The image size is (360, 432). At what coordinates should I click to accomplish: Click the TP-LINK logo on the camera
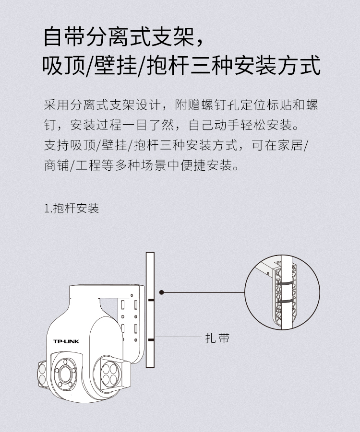(x=66, y=341)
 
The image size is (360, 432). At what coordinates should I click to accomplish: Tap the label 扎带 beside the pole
(x=217, y=338)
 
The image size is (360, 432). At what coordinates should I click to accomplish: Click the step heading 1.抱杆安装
(x=72, y=208)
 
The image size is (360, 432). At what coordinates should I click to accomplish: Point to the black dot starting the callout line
(x=162, y=292)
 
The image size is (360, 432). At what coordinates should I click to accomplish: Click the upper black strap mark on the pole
(x=151, y=300)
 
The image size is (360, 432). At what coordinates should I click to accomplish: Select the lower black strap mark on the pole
(x=151, y=340)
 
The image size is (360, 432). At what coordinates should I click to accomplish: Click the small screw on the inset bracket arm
(x=268, y=273)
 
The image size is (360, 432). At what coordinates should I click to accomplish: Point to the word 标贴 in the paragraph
(x=286, y=105)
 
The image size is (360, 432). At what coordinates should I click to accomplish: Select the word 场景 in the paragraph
(x=154, y=165)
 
